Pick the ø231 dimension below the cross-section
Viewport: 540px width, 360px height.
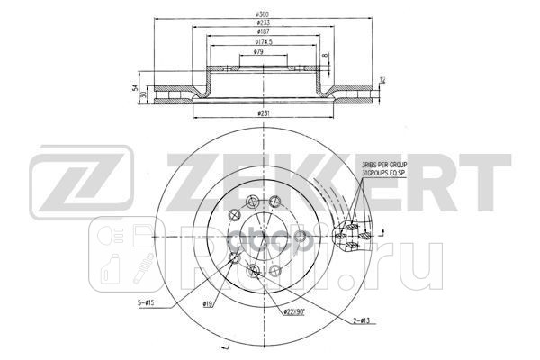pos(264,112)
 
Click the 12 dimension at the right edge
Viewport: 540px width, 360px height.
pos(382,82)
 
